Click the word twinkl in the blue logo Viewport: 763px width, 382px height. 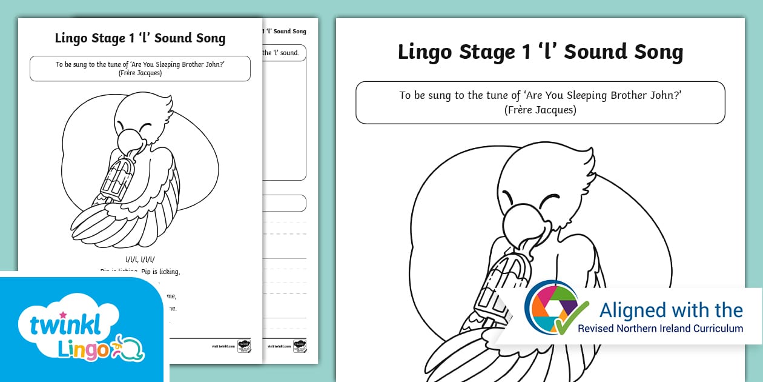(65, 324)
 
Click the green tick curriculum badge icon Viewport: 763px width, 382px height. (555, 309)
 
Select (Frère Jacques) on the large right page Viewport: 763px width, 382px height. (540, 110)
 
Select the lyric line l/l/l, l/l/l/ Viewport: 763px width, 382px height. (140, 260)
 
